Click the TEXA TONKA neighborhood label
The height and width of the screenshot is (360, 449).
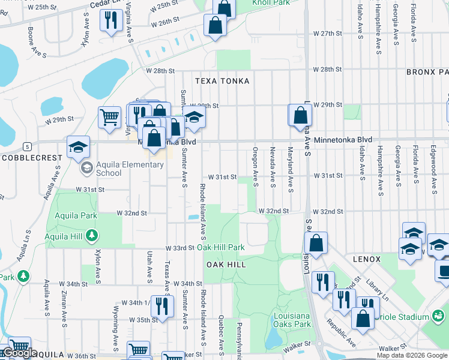pos(221,80)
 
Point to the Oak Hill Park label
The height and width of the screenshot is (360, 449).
pos(221,247)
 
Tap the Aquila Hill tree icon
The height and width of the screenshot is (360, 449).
pos(91,236)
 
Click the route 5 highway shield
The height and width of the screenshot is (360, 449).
pos(27,146)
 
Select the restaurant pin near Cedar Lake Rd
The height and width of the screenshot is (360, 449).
pos(111,22)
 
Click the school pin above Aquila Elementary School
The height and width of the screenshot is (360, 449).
pos(78,147)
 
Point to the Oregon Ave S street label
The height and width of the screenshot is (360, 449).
pos(255,166)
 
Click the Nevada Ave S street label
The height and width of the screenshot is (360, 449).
pos(273,166)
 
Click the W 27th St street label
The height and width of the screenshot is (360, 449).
pos(327,34)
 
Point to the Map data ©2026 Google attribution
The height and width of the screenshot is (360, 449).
pos(411,355)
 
